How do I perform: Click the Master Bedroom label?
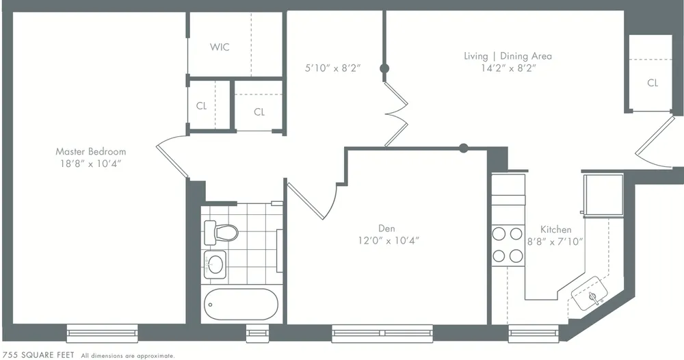(90, 151)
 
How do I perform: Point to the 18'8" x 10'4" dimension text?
(90, 164)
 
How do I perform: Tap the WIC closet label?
(220, 47)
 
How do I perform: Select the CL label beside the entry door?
(653, 83)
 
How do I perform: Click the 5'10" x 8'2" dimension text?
(332, 68)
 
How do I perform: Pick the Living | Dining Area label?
(507, 56)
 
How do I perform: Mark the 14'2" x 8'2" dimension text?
(507, 68)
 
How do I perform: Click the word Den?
(386, 228)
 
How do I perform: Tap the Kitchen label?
(555, 229)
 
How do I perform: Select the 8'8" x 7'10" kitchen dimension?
(555, 241)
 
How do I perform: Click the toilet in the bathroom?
(221, 232)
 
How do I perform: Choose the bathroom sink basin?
(216, 263)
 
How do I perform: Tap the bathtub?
(241, 305)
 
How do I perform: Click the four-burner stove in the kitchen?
(508, 245)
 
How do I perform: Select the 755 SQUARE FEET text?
(39, 355)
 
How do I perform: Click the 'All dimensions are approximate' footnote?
(128, 356)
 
